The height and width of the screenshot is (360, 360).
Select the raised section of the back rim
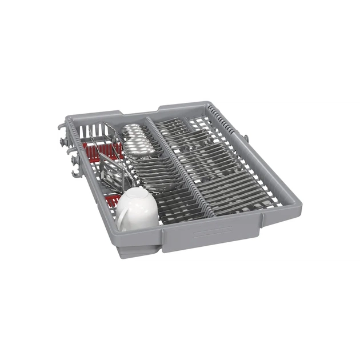coord(189,107)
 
